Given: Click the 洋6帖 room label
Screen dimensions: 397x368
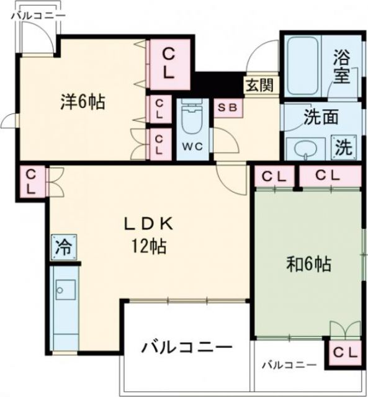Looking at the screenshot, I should click(x=82, y=102).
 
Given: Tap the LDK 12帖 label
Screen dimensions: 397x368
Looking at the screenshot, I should click(x=148, y=235).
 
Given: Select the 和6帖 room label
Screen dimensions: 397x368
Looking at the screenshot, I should click(x=308, y=264).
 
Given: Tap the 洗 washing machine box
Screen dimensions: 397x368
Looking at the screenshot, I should click(x=343, y=147).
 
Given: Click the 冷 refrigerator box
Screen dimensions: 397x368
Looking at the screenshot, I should click(x=63, y=246).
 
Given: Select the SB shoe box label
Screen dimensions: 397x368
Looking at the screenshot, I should click(x=227, y=106).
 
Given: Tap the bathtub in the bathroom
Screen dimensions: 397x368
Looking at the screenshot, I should click(x=301, y=65).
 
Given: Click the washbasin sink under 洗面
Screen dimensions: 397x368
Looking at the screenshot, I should click(x=304, y=149).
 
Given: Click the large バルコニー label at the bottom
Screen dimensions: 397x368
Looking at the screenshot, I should click(x=186, y=346).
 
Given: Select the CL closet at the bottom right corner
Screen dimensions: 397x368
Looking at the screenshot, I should click(x=345, y=352).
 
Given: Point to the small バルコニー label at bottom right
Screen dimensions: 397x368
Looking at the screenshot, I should click(x=288, y=365).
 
